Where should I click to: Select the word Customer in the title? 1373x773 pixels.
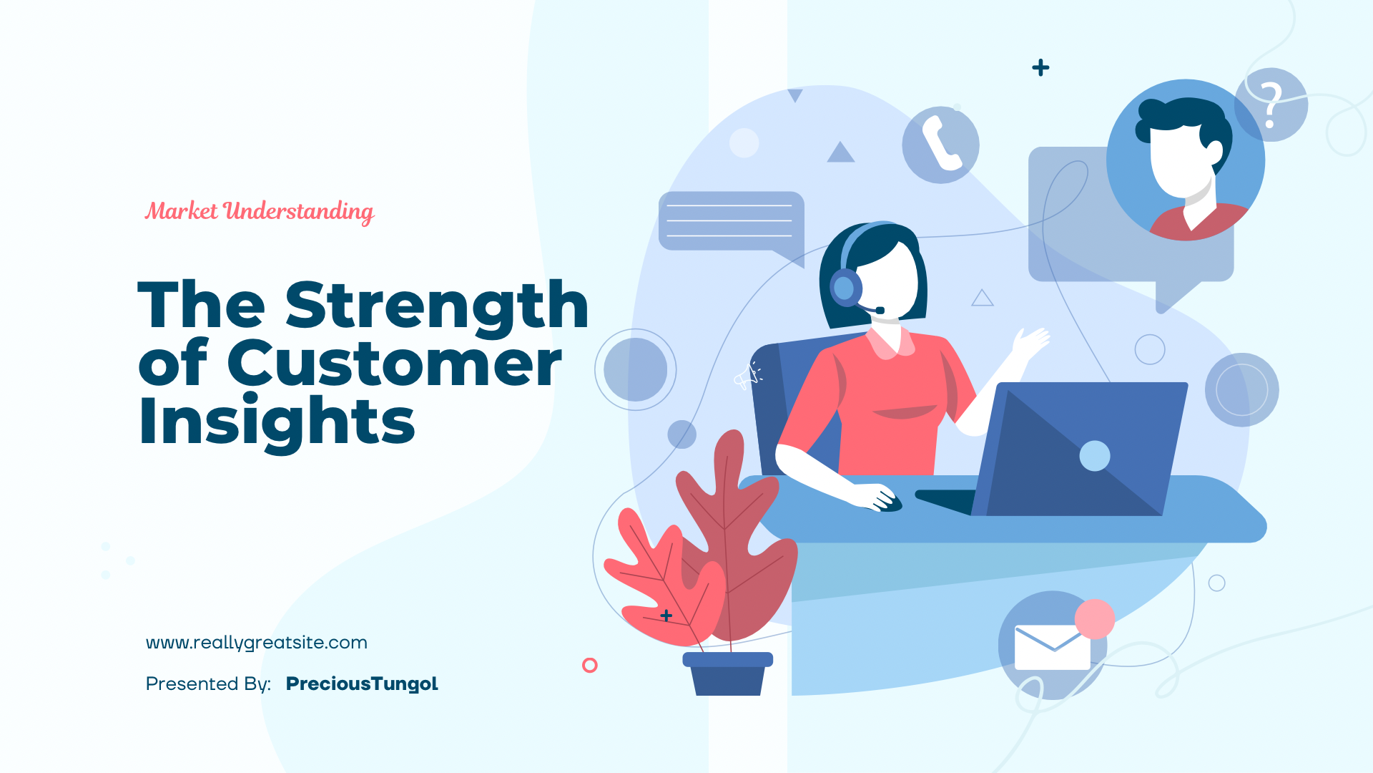pyautogui.click(x=394, y=363)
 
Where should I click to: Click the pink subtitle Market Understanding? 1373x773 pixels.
pyautogui.click(x=260, y=212)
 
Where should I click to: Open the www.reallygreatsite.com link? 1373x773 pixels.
pyautogui.click(x=257, y=643)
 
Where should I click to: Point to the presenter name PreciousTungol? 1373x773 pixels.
pyautogui.click(x=362, y=684)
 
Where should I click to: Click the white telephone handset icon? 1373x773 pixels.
pyautogui.click(x=941, y=144)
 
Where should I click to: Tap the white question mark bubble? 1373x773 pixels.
pyautogui.click(x=1271, y=104)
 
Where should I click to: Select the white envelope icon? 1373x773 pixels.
pyautogui.click(x=1053, y=648)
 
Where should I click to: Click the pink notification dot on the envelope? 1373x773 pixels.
pyautogui.click(x=1095, y=619)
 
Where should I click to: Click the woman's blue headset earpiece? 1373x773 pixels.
pyautogui.click(x=846, y=288)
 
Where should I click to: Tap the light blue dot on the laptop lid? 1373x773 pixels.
pyautogui.click(x=1095, y=456)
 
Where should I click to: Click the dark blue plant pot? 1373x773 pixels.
pyautogui.click(x=728, y=674)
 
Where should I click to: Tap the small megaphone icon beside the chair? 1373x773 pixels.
pyautogui.click(x=747, y=375)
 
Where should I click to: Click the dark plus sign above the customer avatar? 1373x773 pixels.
pyautogui.click(x=1040, y=68)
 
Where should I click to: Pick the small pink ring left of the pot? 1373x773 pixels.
pyautogui.click(x=590, y=666)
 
